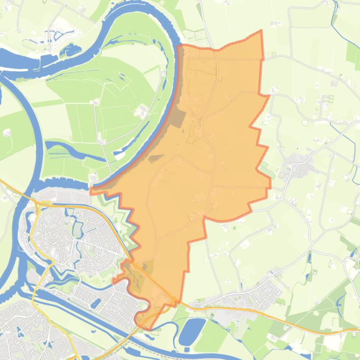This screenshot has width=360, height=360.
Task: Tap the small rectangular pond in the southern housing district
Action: [96, 303]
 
